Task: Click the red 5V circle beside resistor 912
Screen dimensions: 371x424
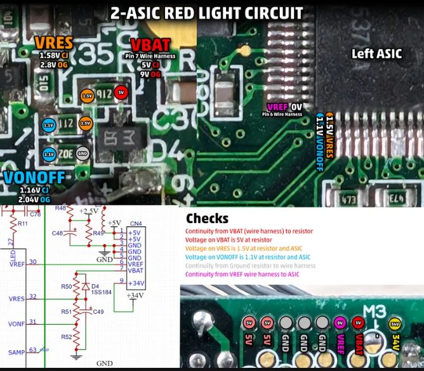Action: pyautogui.click(x=121, y=93)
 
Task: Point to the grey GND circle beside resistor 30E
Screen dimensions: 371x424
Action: pyautogui.click(x=83, y=153)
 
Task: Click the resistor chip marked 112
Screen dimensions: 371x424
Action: pyautogui.click(x=65, y=123)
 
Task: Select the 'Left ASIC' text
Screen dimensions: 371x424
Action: pyautogui.click(x=376, y=54)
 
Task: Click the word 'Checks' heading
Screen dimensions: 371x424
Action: pyautogui.click(x=207, y=219)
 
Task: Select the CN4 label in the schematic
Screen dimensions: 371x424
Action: pyautogui.click(x=135, y=223)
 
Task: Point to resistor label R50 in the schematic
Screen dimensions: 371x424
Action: pyautogui.click(x=65, y=287)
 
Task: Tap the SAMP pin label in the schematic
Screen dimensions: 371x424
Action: pyautogui.click(x=16, y=352)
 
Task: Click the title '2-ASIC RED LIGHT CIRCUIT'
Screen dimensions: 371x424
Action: pyautogui.click(x=206, y=12)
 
